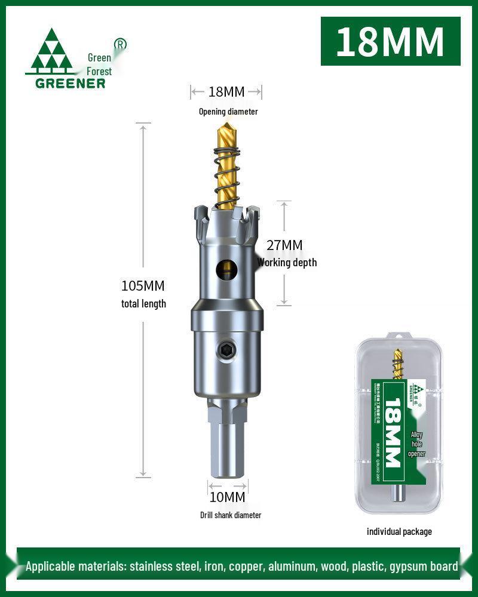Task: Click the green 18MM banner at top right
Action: coord(390,41)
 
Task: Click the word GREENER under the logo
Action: coord(70,82)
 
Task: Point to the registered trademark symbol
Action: coord(120,44)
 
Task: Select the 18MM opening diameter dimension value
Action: coord(226,91)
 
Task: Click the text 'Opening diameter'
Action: coord(228,112)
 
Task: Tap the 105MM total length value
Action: coord(143,286)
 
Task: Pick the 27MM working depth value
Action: coord(284,245)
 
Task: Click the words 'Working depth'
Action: coord(287,263)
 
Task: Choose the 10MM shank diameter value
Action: coord(227,497)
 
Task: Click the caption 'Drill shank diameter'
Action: coord(231,515)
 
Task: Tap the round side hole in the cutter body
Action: coord(226,269)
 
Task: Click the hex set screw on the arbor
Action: coord(227,352)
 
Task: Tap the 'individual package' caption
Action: coord(399,531)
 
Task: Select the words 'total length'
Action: coord(143,304)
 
